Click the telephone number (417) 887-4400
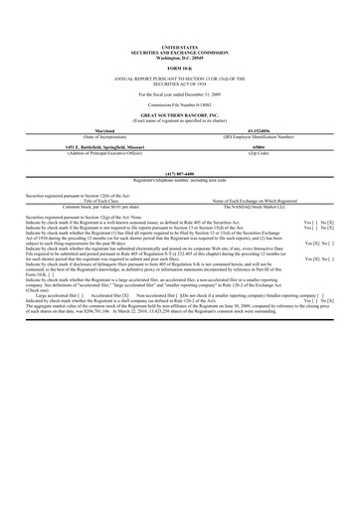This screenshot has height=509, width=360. tap(179, 173)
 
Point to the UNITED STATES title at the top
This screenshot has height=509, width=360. tap(179, 46)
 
